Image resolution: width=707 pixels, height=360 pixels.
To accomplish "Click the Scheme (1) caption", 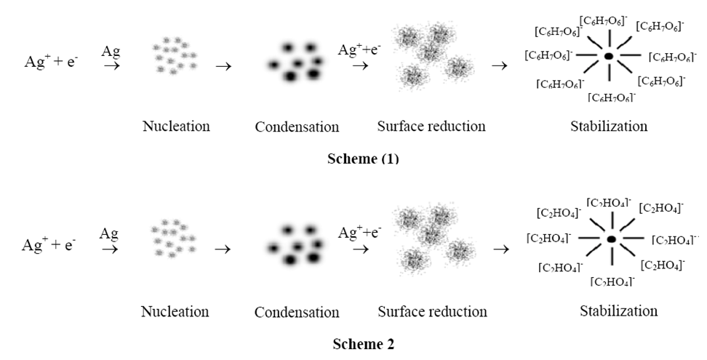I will coord(363,159).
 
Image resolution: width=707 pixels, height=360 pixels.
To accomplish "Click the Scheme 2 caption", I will coord(363,343).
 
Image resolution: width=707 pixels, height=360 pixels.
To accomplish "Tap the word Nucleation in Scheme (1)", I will coord(176,127).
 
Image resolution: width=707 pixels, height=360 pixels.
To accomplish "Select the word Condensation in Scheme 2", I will coord(297,313).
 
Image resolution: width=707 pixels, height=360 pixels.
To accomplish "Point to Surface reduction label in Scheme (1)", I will coord(431,127).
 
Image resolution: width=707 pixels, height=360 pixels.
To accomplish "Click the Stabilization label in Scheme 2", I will coord(618,311).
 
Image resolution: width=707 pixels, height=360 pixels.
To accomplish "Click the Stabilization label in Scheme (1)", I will coord(609,127).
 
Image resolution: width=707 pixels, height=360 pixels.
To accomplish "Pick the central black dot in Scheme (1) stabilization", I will coord(609,56).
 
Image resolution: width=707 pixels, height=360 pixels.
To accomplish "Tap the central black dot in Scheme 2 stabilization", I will coord(611,239).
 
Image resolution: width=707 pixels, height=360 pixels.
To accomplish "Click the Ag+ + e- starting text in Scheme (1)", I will coord(52,63).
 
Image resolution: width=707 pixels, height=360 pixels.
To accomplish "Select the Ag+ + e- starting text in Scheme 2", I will coord(49,245).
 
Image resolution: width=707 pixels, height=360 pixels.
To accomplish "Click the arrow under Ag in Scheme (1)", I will coord(111,66).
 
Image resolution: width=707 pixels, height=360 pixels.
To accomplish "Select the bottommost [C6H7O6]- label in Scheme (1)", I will coord(612,97).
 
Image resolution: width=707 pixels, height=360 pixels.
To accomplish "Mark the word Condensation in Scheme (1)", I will coord(297,127).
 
